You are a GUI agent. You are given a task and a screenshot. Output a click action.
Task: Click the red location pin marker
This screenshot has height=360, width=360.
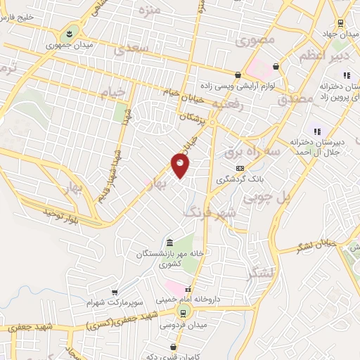[180, 166]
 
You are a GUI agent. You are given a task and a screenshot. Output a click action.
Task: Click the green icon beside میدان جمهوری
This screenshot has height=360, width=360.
[72, 33]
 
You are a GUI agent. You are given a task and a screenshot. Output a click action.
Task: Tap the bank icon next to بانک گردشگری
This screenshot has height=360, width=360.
[240, 168]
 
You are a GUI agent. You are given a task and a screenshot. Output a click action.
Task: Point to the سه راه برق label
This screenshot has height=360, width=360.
[253, 152]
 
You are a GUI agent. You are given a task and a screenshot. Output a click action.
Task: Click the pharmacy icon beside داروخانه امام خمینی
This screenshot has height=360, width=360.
[188, 289]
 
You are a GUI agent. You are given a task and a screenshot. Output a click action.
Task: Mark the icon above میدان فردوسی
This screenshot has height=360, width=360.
[183, 314]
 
